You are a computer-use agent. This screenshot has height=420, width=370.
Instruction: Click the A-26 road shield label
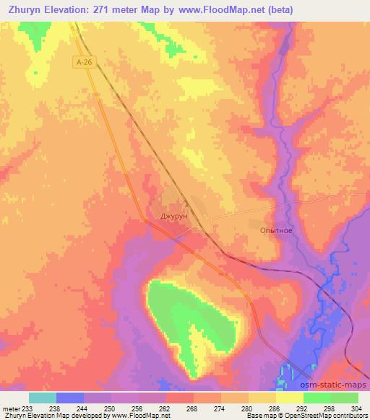tap(85, 63)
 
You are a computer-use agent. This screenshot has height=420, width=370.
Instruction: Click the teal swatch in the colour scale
tap(43, 397)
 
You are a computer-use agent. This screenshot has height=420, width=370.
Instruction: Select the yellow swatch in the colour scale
tap(289, 397)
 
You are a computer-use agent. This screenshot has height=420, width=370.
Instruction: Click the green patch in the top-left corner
tap(33, 32)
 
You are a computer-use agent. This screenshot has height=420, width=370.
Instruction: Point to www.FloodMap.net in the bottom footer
tap(141, 416)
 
